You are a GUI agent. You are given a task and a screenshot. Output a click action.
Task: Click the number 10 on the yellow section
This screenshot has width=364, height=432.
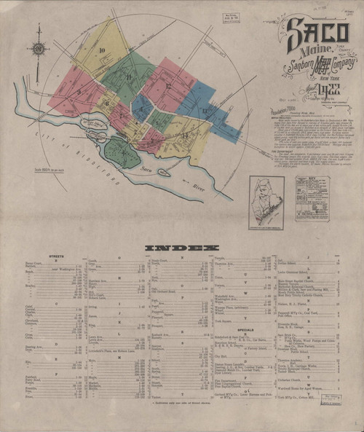tap(102, 50)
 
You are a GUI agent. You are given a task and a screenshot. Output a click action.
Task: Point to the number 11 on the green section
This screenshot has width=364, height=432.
tap(129, 76)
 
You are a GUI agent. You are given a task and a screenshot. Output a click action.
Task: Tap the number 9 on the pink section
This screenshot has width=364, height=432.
tap(78, 91)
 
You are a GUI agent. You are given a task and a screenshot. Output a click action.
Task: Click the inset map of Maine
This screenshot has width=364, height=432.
tap(266, 198)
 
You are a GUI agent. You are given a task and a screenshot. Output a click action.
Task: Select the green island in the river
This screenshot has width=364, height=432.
tap(120, 153)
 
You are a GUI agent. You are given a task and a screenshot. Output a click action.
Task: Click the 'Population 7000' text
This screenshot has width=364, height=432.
tap(279, 115)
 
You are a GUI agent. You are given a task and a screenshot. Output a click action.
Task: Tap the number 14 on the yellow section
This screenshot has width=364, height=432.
tap(186, 136)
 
